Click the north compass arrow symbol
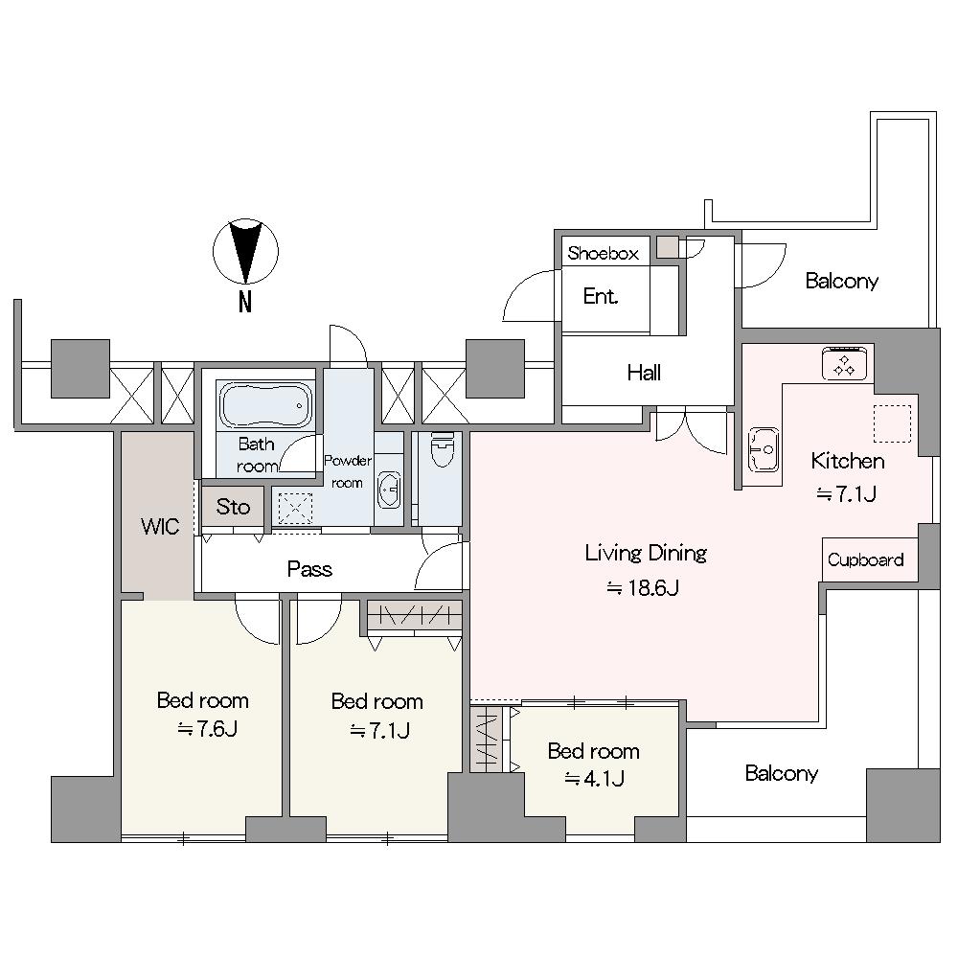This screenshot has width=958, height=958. pos(245,251)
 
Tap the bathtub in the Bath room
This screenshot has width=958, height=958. pos(265,404)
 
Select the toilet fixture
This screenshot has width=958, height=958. pos(443,450)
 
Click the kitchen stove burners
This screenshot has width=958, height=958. pos(844,363)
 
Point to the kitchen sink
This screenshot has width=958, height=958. pos(764,449)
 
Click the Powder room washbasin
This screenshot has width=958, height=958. pos(389,490)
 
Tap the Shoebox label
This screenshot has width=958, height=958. pos(603,253)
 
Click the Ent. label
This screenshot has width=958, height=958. pos(601,296)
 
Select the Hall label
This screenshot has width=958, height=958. pos(644,372)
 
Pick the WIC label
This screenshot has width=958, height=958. pos(160,526)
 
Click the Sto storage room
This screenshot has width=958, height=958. pos(233,506)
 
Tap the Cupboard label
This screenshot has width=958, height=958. pos(866,559)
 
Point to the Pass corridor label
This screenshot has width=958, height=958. pos(309,569)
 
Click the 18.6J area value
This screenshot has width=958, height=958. pos(643,588)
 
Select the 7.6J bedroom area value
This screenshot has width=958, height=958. pos(207,729)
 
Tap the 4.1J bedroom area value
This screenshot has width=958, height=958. pos(594,779)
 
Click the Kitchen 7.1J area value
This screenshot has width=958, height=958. pos(847,493)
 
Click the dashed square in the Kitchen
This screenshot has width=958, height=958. pos(892,423)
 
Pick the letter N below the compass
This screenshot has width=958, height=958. pos(245,302)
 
